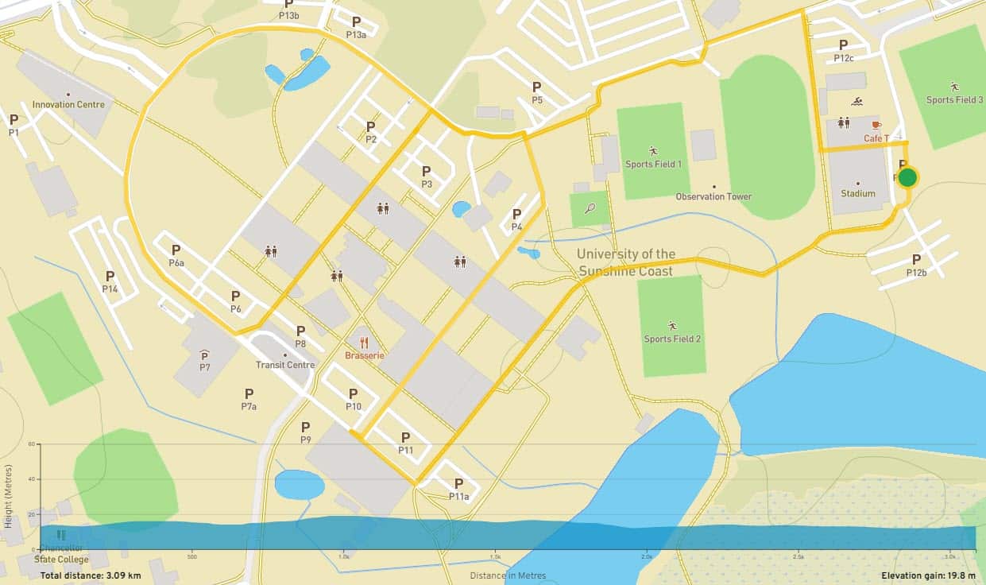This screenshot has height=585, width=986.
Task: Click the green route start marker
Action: click(x=907, y=177)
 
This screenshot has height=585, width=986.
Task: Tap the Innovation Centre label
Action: click(x=68, y=104)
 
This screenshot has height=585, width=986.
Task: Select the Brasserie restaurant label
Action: click(x=365, y=355)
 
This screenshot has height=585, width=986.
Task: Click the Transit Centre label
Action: click(x=285, y=365)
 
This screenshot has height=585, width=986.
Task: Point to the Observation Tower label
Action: click(x=713, y=196)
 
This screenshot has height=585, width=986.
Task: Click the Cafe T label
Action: click(x=876, y=138)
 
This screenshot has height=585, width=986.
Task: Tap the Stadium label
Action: click(x=858, y=193)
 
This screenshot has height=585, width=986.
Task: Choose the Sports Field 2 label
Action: click(x=672, y=339)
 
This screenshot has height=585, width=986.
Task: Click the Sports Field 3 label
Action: click(x=954, y=99)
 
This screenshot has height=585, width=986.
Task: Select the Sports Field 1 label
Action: click(x=653, y=164)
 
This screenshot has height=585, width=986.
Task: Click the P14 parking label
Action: click(x=110, y=289)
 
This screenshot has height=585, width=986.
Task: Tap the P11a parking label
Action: click(x=458, y=496)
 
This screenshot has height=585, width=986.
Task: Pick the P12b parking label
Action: click(x=916, y=272)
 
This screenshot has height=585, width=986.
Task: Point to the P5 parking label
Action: click(x=537, y=100)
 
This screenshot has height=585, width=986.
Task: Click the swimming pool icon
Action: click(x=857, y=102)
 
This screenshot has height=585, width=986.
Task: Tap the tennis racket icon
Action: click(x=590, y=208)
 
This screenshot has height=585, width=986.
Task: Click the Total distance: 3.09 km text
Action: click(x=91, y=575)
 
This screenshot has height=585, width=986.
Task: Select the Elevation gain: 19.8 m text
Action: click(x=928, y=575)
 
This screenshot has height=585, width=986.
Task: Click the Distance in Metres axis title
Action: click(x=507, y=575)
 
